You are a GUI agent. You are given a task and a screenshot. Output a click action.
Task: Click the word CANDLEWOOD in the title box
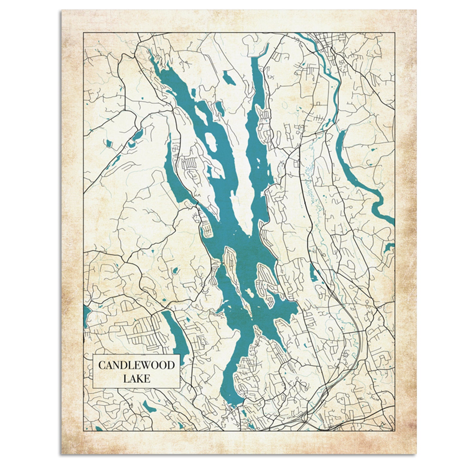[136, 365]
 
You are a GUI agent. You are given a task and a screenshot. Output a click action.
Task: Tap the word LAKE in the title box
[136, 379]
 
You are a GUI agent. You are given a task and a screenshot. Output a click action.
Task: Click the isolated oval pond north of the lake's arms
[229, 78]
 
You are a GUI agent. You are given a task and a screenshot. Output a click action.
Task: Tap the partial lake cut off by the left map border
[87, 317]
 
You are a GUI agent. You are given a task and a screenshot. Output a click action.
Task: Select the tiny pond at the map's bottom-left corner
[99, 428]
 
